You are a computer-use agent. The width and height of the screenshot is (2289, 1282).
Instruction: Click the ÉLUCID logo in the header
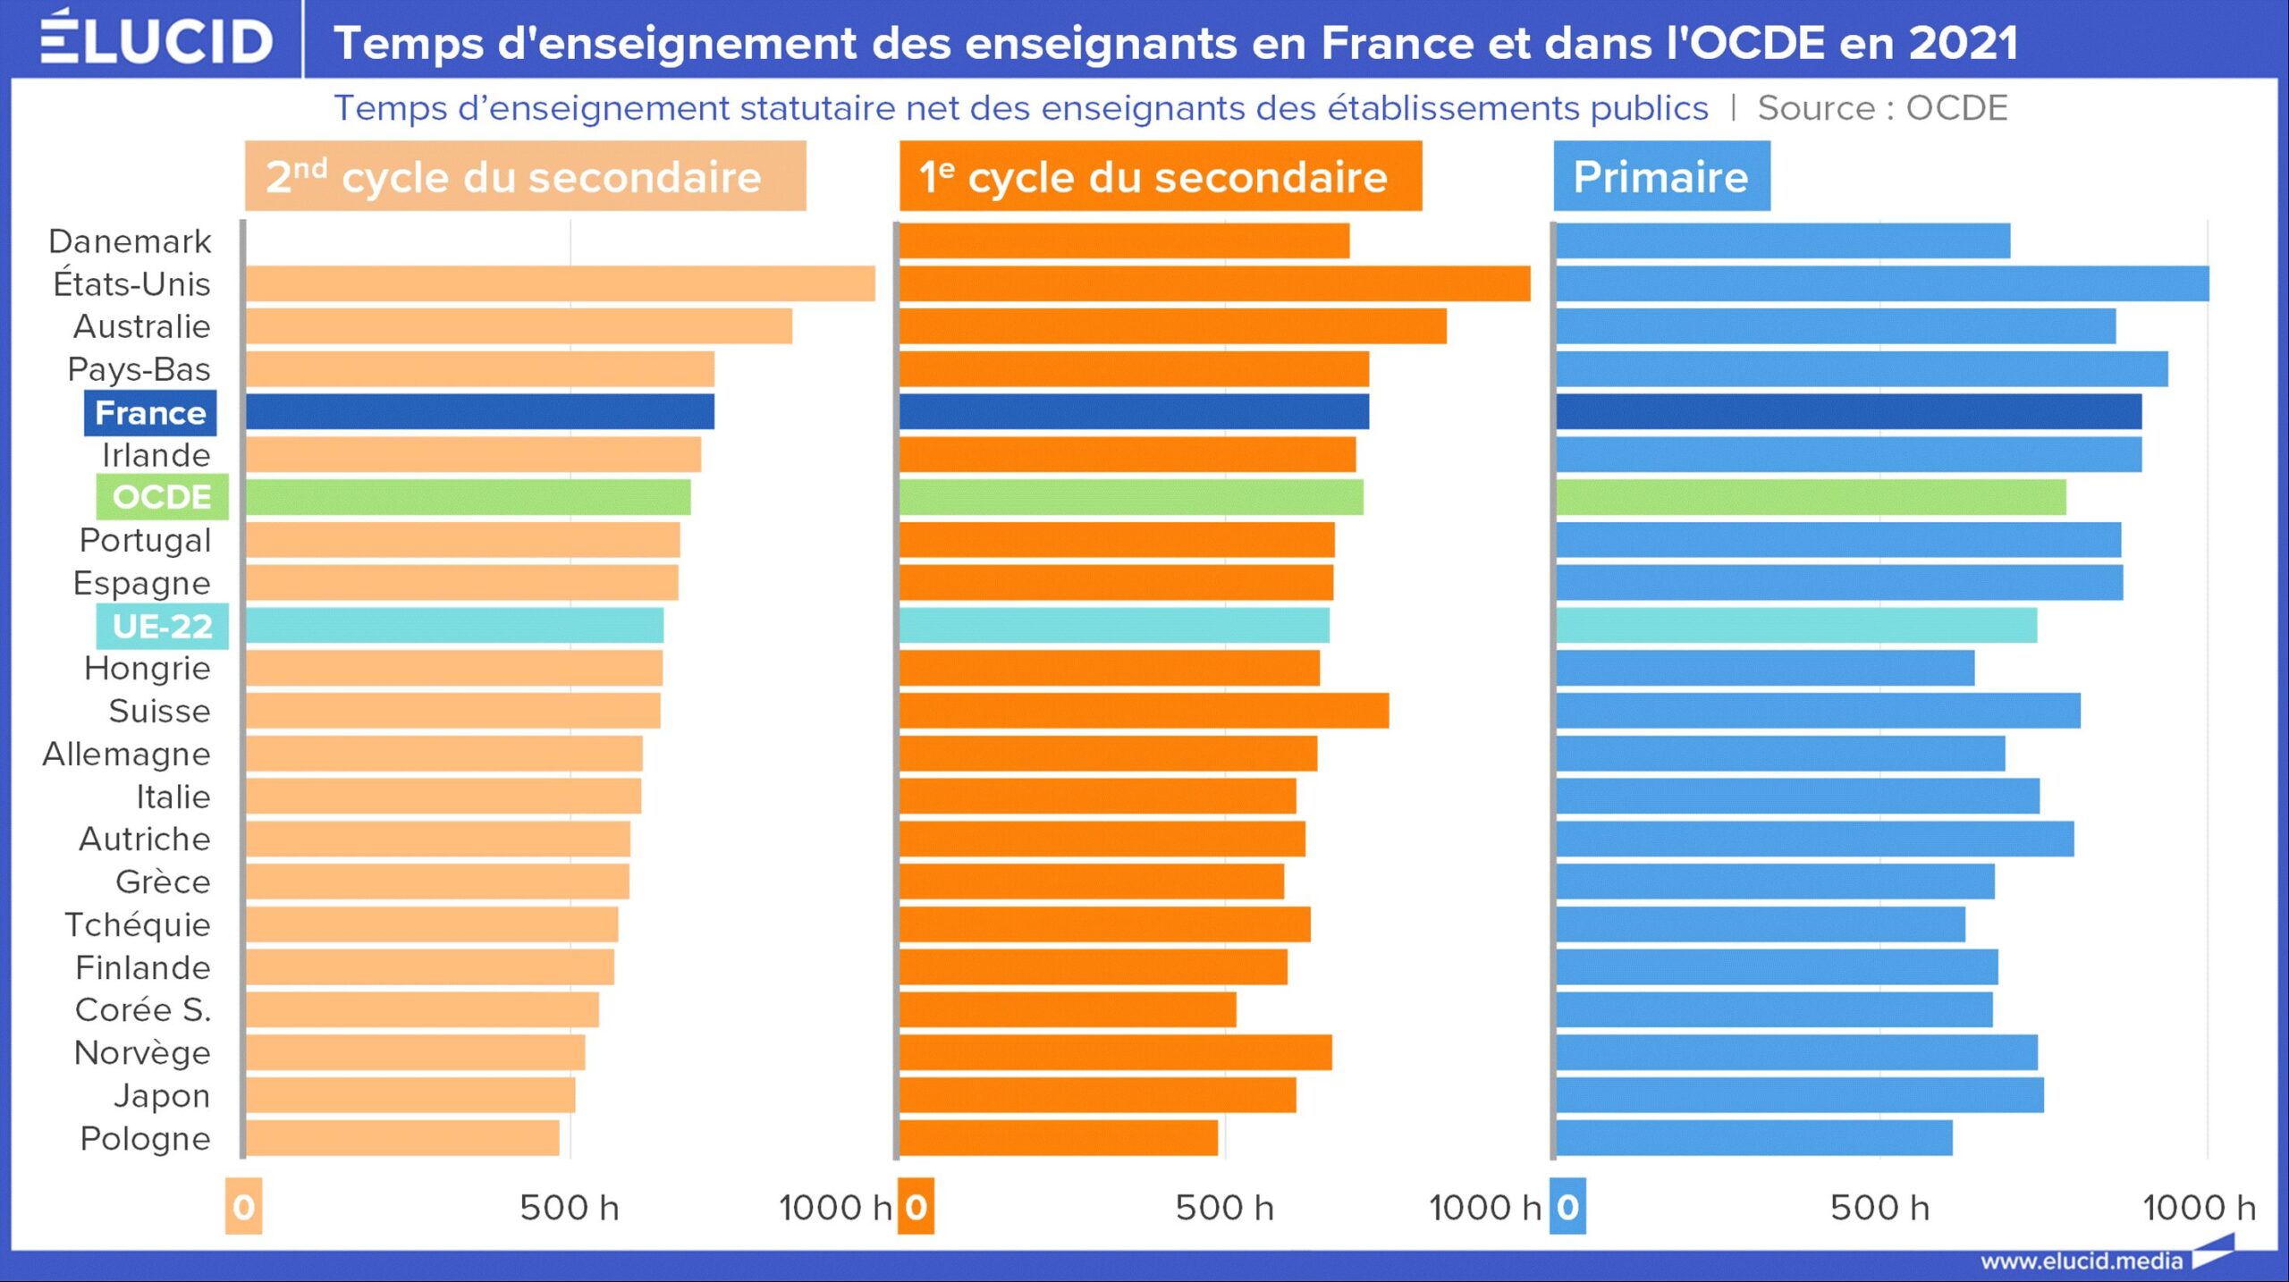(156, 39)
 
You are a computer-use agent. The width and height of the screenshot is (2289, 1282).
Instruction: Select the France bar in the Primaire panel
(1848, 412)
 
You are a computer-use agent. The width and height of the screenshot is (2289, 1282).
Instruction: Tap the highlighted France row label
(150, 413)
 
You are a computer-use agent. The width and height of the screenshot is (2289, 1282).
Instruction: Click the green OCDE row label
(162, 497)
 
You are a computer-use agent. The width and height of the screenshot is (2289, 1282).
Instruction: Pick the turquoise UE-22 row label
(162, 627)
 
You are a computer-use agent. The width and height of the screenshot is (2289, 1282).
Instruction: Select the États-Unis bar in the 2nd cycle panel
(560, 283)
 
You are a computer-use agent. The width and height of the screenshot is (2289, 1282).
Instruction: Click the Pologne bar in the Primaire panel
(1753, 1138)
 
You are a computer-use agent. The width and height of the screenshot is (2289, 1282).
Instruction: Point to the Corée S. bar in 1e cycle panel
(1068, 1010)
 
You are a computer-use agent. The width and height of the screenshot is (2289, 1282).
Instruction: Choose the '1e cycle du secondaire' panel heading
(1160, 176)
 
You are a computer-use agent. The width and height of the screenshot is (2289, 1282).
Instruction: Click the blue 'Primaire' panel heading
(1660, 176)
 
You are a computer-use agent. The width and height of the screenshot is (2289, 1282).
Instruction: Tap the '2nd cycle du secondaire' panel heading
(525, 176)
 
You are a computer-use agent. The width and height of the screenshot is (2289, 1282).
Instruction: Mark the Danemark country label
(130, 241)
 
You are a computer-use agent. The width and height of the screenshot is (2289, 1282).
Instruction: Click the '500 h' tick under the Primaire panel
(1879, 1208)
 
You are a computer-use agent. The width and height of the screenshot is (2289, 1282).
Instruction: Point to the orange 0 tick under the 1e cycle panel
(916, 1208)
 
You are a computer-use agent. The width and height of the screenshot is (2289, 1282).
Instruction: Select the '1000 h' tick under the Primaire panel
(2199, 1208)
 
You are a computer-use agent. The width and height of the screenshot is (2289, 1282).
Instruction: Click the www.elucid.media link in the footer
(2081, 1261)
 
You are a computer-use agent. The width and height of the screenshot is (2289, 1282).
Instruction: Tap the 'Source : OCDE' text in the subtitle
(1882, 108)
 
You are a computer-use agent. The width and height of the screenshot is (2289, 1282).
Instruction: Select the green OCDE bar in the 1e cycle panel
(1131, 497)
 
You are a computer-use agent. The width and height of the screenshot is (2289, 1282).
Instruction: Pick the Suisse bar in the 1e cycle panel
(1144, 711)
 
